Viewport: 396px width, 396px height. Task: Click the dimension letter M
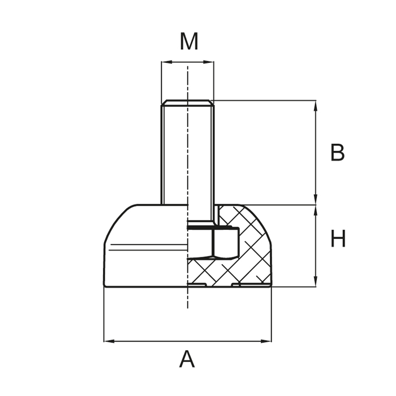[189, 42]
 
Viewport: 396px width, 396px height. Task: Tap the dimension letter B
[337, 153]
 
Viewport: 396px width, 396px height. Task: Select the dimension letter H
[338, 240]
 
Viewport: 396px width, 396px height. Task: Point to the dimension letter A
[187, 360]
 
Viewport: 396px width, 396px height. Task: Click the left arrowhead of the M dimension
[165, 62]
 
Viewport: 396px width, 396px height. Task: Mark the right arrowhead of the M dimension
[210, 62]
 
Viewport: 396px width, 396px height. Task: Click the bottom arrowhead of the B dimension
[315, 201]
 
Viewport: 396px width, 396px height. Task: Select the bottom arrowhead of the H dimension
[315, 283]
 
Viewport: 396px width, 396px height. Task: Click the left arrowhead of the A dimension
[107, 341]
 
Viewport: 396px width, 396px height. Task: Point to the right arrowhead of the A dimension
[268, 341]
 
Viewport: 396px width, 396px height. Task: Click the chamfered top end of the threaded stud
[187, 103]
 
